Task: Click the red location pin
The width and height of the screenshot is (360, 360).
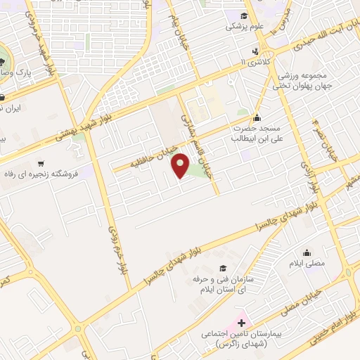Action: point(182,167)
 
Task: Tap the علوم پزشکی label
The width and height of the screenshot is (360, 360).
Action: point(243,27)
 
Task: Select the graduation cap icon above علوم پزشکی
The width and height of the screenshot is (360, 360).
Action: point(243,15)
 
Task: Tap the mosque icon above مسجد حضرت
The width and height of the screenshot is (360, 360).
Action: point(257,117)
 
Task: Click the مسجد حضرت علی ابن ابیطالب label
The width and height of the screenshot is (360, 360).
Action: point(252,134)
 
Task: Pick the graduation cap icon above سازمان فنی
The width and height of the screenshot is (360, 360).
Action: point(223,268)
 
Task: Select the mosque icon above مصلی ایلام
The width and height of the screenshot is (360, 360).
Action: point(307,252)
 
